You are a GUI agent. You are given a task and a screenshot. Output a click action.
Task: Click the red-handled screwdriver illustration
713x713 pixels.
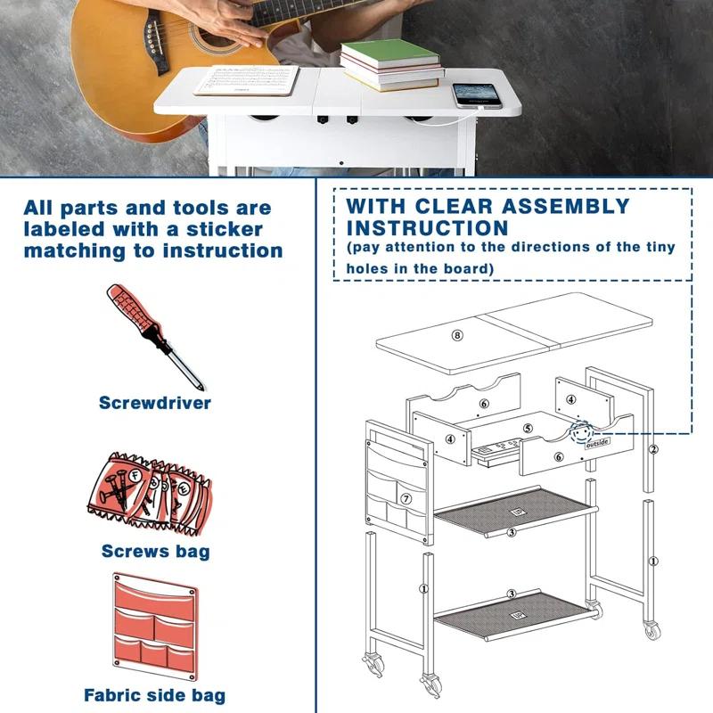pyautogui.click(x=154, y=337)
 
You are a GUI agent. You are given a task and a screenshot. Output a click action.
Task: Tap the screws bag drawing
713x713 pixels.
pyautogui.click(x=150, y=494)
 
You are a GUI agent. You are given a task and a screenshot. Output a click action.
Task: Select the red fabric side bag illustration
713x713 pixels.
pyautogui.click(x=155, y=627)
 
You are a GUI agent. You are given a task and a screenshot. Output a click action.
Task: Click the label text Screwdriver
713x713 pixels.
pyautogui.click(x=155, y=403)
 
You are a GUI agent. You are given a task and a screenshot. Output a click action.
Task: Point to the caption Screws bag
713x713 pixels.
pyautogui.click(x=155, y=551)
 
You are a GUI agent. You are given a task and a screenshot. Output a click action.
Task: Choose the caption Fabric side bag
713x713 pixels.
pyautogui.click(x=154, y=695)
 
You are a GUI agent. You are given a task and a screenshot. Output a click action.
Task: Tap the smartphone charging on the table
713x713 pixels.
pyautogui.click(x=477, y=95)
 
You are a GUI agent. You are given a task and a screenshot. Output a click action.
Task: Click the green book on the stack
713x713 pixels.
pyautogui.click(x=390, y=53)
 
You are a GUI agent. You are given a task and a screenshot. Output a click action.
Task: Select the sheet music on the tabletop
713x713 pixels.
pyautogui.click(x=247, y=80)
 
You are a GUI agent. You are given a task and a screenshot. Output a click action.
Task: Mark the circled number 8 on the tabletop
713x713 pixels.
pyautogui.click(x=457, y=336)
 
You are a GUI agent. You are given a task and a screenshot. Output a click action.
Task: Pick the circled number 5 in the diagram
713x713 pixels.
pyautogui.click(x=528, y=429)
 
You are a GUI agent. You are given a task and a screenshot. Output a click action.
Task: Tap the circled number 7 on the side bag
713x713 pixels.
pyautogui.click(x=406, y=499)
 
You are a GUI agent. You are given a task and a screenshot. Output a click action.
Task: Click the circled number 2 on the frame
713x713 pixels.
pyautogui.click(x=653, y=449)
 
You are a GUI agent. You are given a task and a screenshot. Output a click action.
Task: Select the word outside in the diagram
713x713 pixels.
pyautogui.click(x=597, y=443)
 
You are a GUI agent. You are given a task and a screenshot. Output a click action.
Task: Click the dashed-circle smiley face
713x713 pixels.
pyautogui.click(x=582, y=432)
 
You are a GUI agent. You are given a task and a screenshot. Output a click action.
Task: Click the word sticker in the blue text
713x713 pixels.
pyautogui.click(x=225, y=229)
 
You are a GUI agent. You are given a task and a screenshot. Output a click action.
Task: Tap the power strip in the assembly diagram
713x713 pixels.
pyautogui.click(x=496, y=447)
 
